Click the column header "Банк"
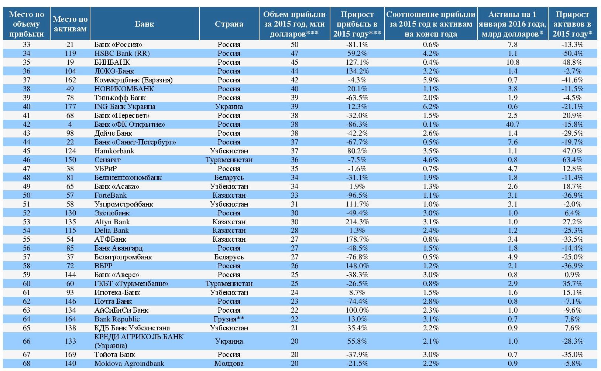point(144,24)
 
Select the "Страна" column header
point(229,24)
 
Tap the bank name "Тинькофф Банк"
point(120,98)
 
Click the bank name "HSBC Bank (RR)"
point(122,53)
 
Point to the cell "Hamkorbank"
point(114,151)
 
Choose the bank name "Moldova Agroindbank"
point(129,363)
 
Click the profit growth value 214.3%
point(357,222)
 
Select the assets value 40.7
point(512,124)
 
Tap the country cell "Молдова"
point(229,363)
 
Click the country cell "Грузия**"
point(229,319)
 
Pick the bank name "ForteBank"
point(110,195)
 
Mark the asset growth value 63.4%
point(572,160)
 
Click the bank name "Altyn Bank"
point(112,222)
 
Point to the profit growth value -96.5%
point(357,195)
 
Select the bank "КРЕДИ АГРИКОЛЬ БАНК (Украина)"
point(139,341)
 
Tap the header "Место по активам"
point(70,24)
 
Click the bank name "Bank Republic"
point(117,319)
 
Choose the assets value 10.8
point(512,62)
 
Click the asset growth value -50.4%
point(572,53)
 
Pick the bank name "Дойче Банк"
point(113,133)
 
